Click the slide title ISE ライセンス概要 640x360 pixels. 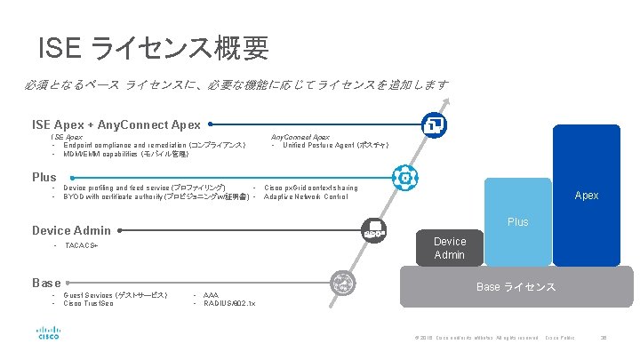coord(154,48)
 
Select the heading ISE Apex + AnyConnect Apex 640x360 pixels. coord(116,125)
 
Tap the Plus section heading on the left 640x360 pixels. coord(44,177)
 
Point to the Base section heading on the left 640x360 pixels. coord(46,283)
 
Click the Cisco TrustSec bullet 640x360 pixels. coord(89,303)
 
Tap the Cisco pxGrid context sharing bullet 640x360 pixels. coord(311,188)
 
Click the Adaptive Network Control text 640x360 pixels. coord(306,196)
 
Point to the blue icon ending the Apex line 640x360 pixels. coord(436,124)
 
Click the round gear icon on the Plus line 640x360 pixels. coord(404,178)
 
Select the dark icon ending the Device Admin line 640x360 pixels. coord(372,229)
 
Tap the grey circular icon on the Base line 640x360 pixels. coord(342,283)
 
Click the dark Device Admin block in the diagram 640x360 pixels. coord(449,248)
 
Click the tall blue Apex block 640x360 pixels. coord(586,194)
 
